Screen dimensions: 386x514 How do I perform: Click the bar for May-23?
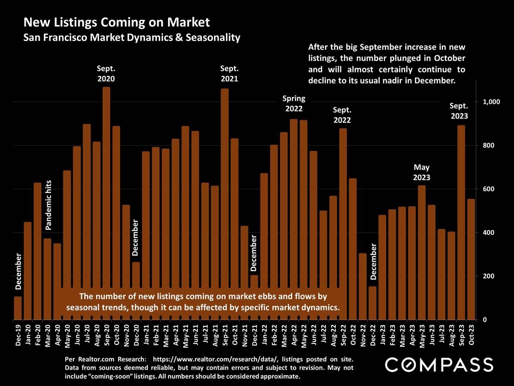[x=421, y=253]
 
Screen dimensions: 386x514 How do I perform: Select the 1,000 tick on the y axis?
[x=492, y=102]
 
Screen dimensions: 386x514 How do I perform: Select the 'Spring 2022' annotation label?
[x=293, y=104]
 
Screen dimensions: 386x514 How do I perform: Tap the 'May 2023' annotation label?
[x=421, y=172]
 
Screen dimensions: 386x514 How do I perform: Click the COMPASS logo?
[x=439, y=365]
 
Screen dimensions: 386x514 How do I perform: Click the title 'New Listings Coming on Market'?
[x=117, y=22]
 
